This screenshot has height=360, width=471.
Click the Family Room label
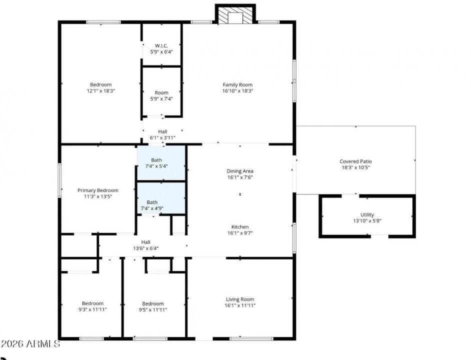pyautogui.click(x=237, y=84)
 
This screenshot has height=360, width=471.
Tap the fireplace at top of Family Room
pyautogui.click(x=235, y=15)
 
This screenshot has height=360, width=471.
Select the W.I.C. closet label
pyautogui.click(x=161, y=45)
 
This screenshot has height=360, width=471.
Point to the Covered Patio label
pyautogui.click(x=355, y=161)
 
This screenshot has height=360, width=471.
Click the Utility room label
pyautogui.click(x=367, y=214)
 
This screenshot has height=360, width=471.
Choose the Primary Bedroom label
pyautogui.click(x=98, y=190)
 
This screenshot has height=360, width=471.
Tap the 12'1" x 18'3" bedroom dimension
pyautogui.click(x=100, y=91)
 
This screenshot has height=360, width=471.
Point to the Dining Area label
pyautogui.click(x=240, y=171)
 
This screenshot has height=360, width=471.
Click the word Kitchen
pyautogui.click(x=240, y=226)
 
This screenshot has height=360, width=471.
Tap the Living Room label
pyautogui.click(x=240, y=299)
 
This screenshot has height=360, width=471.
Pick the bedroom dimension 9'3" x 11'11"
pyautogui.click(x=92, y=309)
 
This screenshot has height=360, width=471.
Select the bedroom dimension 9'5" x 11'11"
pyautogui.click(x=152, y=309)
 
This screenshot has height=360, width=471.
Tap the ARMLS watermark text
pyautogui.click(x=30, y=344)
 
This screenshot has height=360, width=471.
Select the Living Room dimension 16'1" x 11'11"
pyautogui.click(x=240, y=305)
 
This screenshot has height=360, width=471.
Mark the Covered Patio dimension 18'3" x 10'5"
pyautogui.click(x=355, y=168)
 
